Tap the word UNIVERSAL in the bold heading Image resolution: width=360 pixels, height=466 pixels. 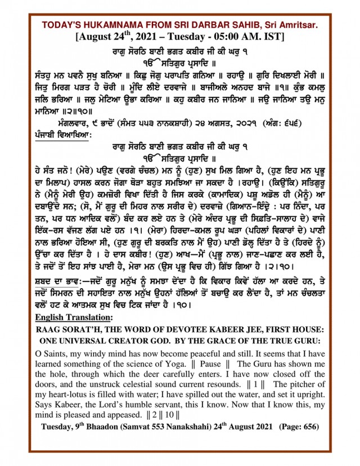pyautogui.click(x=91, y=342)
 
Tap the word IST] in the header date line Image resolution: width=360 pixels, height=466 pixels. pyautogui.click(x=272, y=38)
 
